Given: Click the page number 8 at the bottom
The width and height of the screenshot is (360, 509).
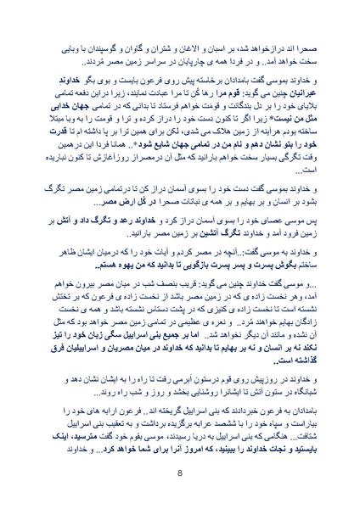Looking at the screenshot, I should pos(180,473).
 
